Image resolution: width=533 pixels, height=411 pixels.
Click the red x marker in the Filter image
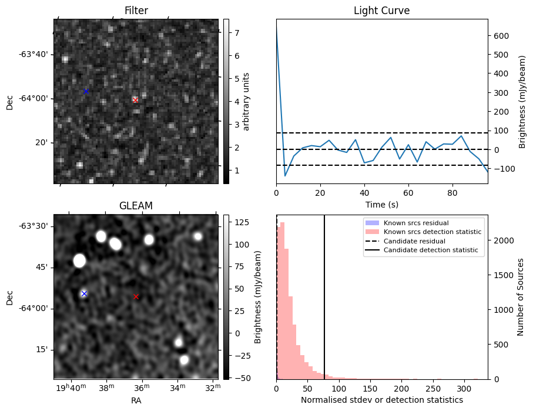pos(136,100)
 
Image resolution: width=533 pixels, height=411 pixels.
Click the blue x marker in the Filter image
pos(86,91)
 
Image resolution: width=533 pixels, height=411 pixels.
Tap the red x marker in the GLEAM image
pos(136,296)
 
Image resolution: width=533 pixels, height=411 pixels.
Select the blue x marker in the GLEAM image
pos(84,293)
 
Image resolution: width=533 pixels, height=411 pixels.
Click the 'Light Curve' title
pos(381,11)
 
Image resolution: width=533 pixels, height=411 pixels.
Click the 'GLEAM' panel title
pos(136,206)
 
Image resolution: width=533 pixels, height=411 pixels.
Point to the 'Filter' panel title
pos(136,11)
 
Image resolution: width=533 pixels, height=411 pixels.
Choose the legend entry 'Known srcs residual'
pos(415,223)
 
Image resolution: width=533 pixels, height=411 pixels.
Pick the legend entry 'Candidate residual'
pos(415,241)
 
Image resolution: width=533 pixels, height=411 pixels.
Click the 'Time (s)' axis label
pos(381,203)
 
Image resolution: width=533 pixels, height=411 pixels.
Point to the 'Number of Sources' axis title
pos(521,296)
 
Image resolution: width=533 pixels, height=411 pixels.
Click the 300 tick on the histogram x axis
pos(464,389)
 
